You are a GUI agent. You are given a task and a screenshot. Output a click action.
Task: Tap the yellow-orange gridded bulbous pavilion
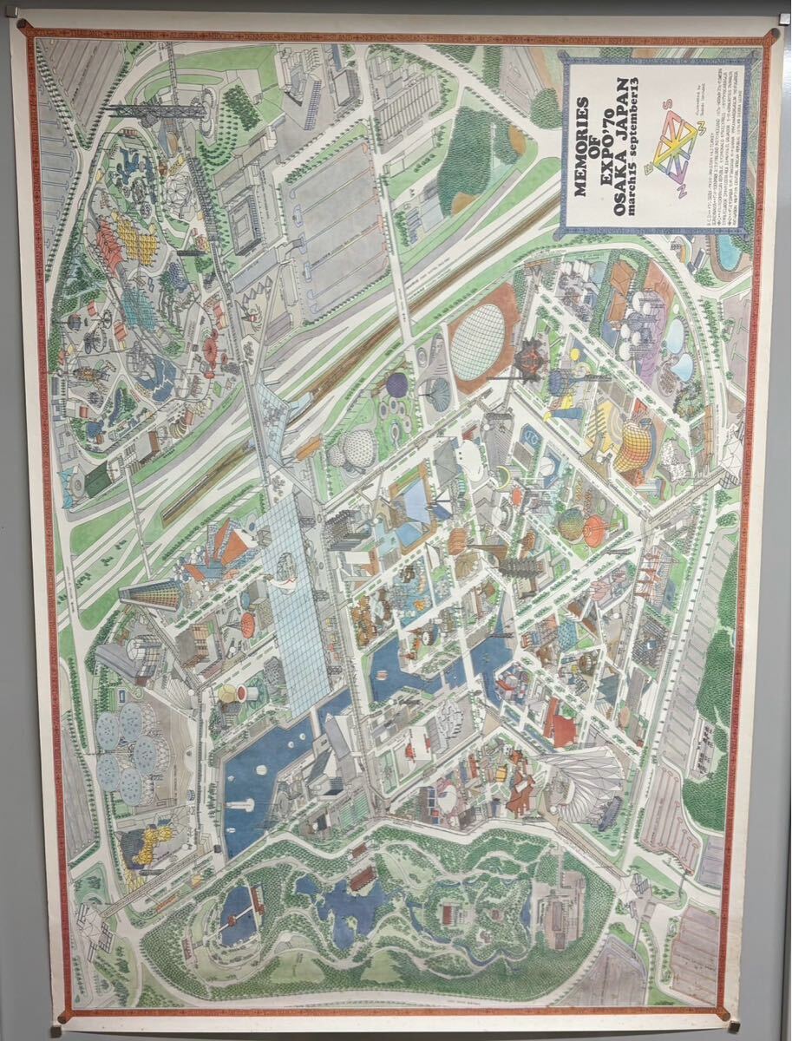coord(635,445)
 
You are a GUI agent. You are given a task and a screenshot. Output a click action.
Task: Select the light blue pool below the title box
coord(727,250)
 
